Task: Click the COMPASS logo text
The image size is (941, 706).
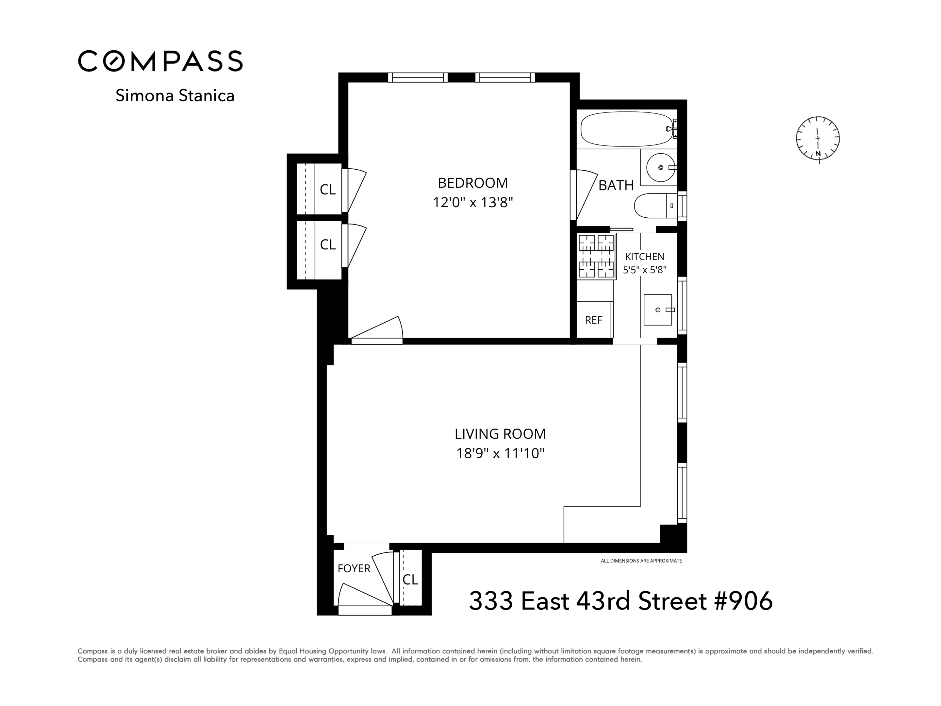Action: pos(160,61)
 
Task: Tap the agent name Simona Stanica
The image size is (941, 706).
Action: pos(175,96)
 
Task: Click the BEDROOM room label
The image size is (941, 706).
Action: pos(473,183)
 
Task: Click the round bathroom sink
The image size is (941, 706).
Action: pos(660,167)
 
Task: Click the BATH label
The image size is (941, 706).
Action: pos(616,186)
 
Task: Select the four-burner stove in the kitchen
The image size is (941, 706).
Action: pos(596,256)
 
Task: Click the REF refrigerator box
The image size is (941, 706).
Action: pos(593,320)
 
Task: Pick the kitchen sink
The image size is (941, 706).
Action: pos(658,310)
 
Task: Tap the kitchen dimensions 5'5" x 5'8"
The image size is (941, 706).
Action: pos(645,270)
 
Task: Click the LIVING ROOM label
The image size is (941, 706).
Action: pos(500,434)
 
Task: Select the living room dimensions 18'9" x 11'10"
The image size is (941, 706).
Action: pos(500,454)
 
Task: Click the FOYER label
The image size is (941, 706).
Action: pos(354,568)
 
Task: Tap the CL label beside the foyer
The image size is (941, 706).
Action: pos(410,579)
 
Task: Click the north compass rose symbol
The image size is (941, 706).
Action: pos(817,139)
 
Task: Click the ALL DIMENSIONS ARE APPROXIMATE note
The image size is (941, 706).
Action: pos(641,561)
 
